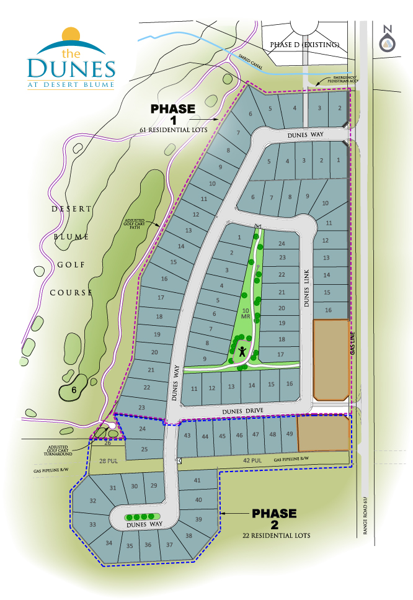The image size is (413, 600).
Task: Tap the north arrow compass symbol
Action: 388,39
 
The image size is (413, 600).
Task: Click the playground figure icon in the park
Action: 241,351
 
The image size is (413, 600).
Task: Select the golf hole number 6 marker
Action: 73,390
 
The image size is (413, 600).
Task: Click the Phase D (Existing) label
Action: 303,45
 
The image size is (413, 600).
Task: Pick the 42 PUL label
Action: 250,460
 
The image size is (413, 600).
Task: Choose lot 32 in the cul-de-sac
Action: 93,501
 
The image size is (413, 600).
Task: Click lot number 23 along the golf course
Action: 141,407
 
